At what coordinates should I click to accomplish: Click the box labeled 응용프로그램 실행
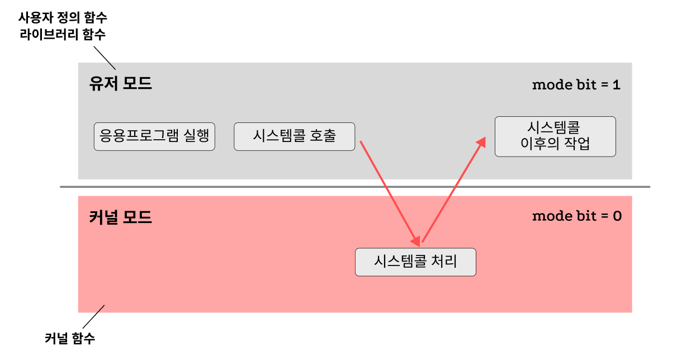(x=154, y=136)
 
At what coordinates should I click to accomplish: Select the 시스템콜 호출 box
(x=294, y=136)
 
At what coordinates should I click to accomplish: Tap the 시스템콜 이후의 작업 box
(x=555, y=136)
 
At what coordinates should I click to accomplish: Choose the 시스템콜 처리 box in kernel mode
(x=415, y=262)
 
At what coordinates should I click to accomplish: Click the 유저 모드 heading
(x=121, y=84)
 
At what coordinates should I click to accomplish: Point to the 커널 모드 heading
(x=121, y=217)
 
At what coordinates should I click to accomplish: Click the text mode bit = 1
(x=576, y=85)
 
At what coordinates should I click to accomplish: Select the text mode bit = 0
(x=576, y=216)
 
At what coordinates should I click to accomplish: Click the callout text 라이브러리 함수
(x=63, y=35)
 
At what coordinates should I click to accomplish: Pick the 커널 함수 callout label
(x=70, y=338)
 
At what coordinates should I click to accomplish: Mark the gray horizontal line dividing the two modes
(x=224, y=187)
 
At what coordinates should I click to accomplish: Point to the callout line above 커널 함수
(x=93, y=316)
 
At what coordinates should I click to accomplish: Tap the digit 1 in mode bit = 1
(x=616, y=85)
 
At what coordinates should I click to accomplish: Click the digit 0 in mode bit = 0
(x=617, y=216)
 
